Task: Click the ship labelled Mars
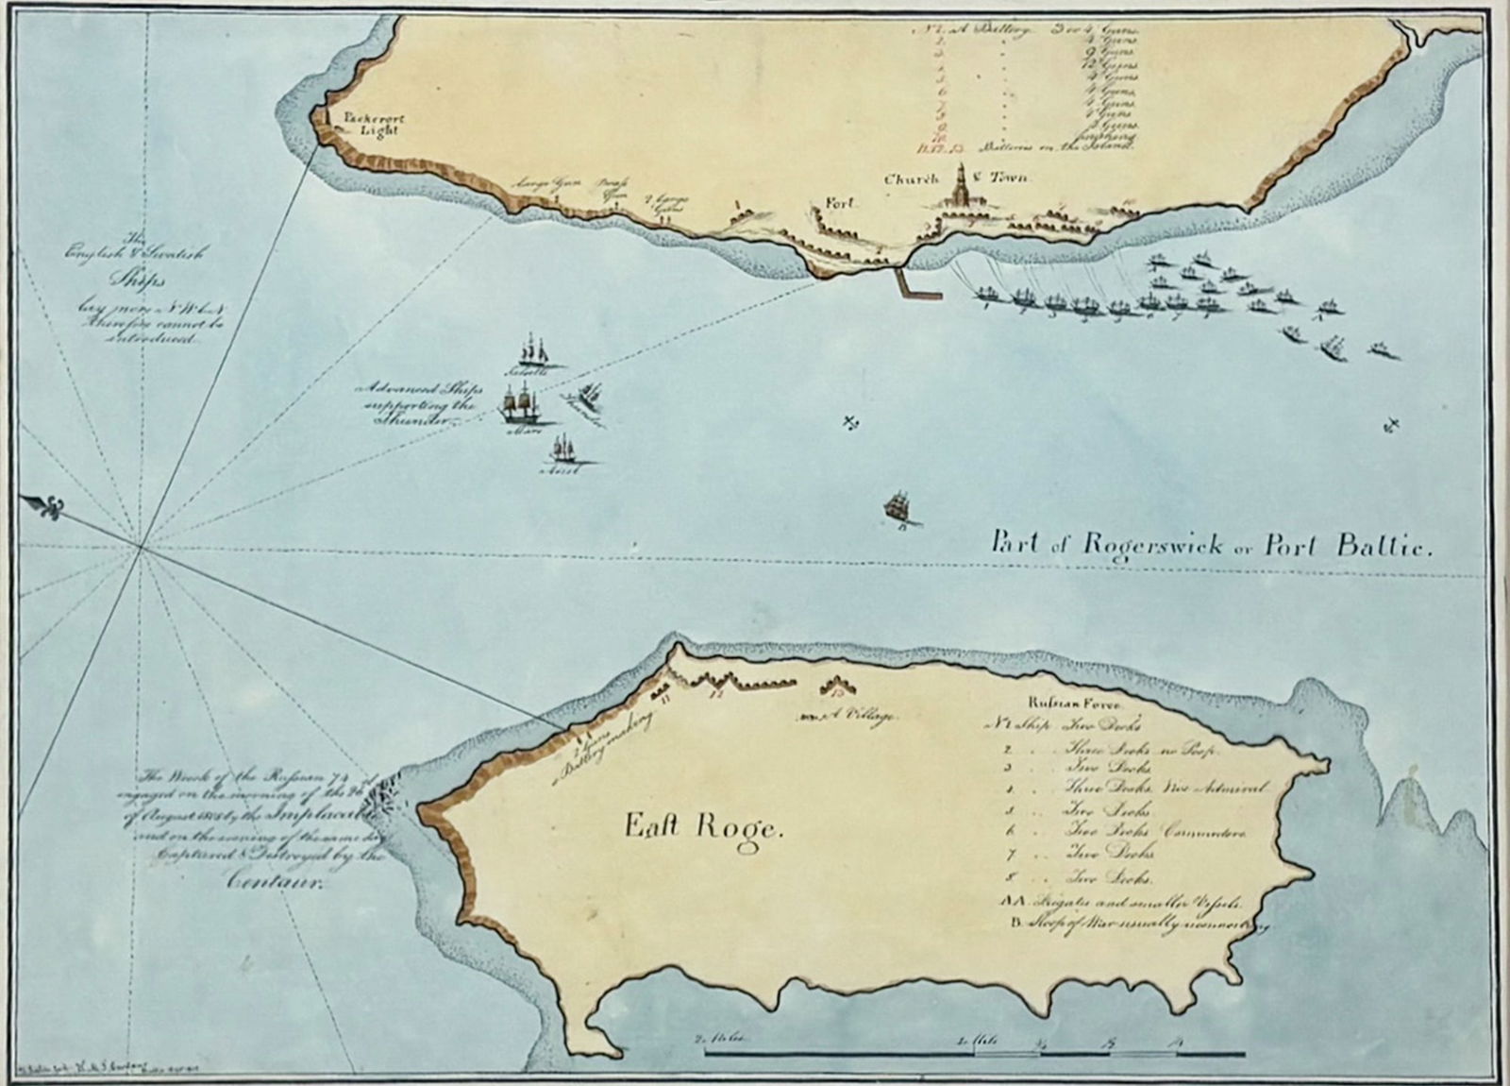click(x=516, y=405)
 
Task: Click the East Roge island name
click(x=704, y=828)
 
